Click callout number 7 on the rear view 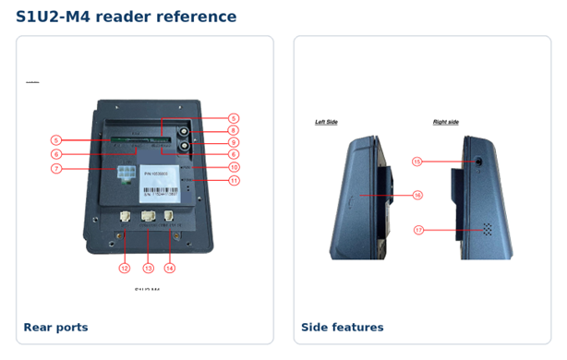(x=56, y=169)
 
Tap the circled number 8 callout (x=235, y=130)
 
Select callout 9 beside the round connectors (x=235, y=142)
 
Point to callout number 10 (x=235, y=167)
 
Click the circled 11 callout (x=235, y=180)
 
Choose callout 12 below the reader (x=125, y=269)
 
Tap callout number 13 (x=148, y=269)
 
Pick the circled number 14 (x=170, y=269)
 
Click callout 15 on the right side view (x=417, y=161)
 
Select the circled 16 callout (x=417, y=195)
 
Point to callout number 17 (x=417, y=230)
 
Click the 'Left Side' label (x=326, y=122)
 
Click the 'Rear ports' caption (x=55, y=327)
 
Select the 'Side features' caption (x=342, y=327)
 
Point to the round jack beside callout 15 (x=478, y=162)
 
